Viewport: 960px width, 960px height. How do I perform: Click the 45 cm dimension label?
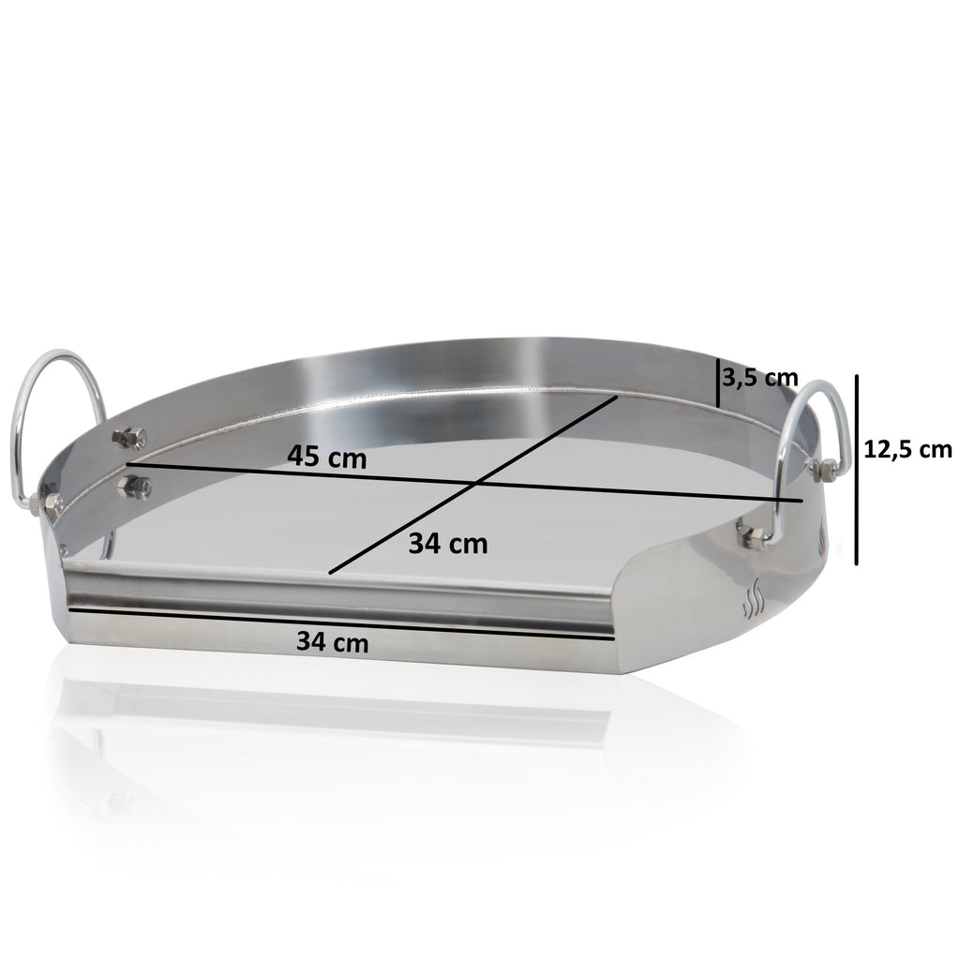pyautogui.click(x=327, y=458)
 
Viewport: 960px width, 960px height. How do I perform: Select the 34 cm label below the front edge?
pyautogui.click(x=332, y=642)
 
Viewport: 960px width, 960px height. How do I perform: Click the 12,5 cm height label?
pyautogui.click(x=907, y=449)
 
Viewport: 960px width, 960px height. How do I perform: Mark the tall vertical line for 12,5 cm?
pyautogui.click(x=857, y=469)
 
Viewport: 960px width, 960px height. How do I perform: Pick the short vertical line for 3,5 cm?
pyautogui.click(x=718, y=382)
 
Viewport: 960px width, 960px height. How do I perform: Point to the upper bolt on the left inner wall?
pyautogui.click(x=128, y=437)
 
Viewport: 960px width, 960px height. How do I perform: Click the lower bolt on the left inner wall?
pyautogui.click(x=134, y=486)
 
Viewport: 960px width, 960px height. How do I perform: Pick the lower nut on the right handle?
pyautogui.click(x=753, y=535)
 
